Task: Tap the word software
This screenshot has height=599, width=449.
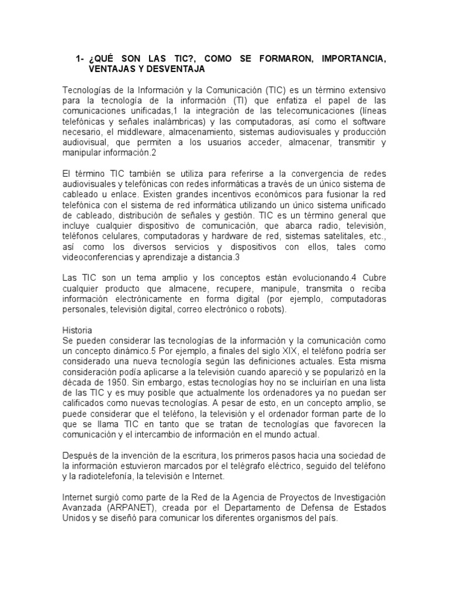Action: (x=367, y=122)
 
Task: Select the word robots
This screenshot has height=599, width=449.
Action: (x=271, y=309)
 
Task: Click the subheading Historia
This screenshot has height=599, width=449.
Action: (x=77, y=331)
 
